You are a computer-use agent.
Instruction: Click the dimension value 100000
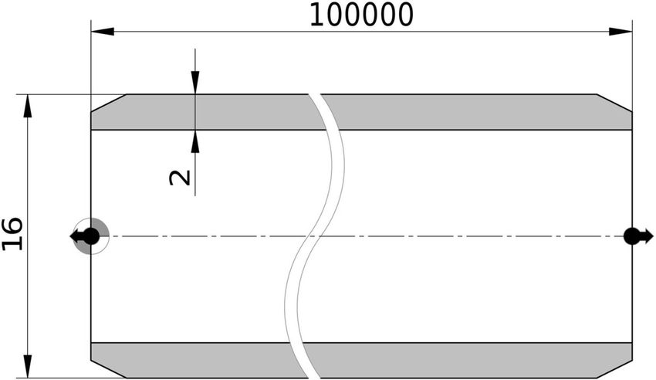(x=361, y=15)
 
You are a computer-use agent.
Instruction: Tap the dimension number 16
(x=12, y=234)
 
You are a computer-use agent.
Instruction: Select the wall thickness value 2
(x=180, y=178)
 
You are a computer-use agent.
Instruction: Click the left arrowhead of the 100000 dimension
(x=103, y=32)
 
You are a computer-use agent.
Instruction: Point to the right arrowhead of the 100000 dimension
(x=620, y=32)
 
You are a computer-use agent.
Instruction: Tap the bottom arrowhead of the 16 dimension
(x=28, y=366)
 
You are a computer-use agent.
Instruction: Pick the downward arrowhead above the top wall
(x=195, y=83)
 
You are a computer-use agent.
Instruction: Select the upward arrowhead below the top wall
(x=195, y=141)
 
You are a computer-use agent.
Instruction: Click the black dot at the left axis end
(x=92, y=236)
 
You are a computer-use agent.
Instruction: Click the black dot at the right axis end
(x=632, y=236)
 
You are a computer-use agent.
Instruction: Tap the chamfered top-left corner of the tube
(x=109, y=103)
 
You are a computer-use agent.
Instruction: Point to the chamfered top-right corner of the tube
(x=614, y=103)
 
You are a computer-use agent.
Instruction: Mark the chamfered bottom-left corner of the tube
(x=109, y=368)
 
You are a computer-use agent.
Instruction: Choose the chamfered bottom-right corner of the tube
(x=614, y=368)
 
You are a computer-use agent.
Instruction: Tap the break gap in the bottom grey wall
(x=303, y=361)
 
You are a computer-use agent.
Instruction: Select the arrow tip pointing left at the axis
(x=71, y=236)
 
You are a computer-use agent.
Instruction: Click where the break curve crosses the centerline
(x=315, y=236)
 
